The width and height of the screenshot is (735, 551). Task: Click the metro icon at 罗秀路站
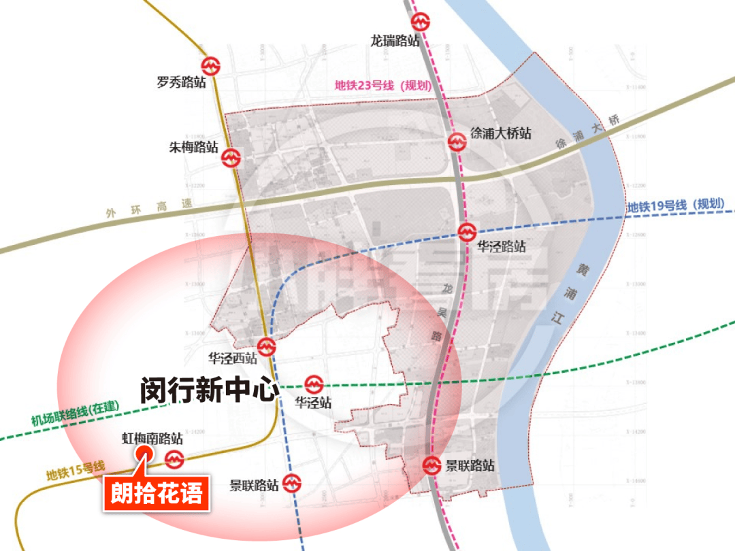(x=213, y=65)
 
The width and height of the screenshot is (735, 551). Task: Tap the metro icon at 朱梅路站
(x=231, y=158)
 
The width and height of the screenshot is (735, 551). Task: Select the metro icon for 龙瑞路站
(x=421, y=20)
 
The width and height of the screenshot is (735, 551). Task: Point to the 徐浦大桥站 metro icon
(x=457, y=141)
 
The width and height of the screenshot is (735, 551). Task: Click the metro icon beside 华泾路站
(x=466, y=232)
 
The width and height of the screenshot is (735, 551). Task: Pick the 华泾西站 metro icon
(x=266, y=347)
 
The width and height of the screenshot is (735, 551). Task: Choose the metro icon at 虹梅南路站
(x=175, y=461)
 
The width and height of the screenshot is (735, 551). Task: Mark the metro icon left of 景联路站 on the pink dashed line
(x=431, y=466)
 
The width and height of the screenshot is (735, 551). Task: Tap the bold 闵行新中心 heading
(x=209, y=390)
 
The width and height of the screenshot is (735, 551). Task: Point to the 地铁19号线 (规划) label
(x=675, y=205)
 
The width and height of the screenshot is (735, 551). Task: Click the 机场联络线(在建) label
(x=75, y=414)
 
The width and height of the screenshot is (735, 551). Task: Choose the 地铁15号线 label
(x=76, y=469)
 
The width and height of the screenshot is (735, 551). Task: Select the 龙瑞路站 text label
(x=395, y=41)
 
